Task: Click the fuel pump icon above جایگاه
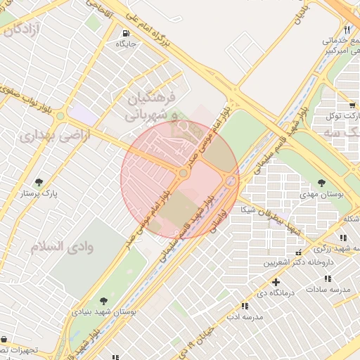[125, 33]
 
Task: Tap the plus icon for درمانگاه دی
[275, 283]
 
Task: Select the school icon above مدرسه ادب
[244, 307]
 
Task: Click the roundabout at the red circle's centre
[184, 172]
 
